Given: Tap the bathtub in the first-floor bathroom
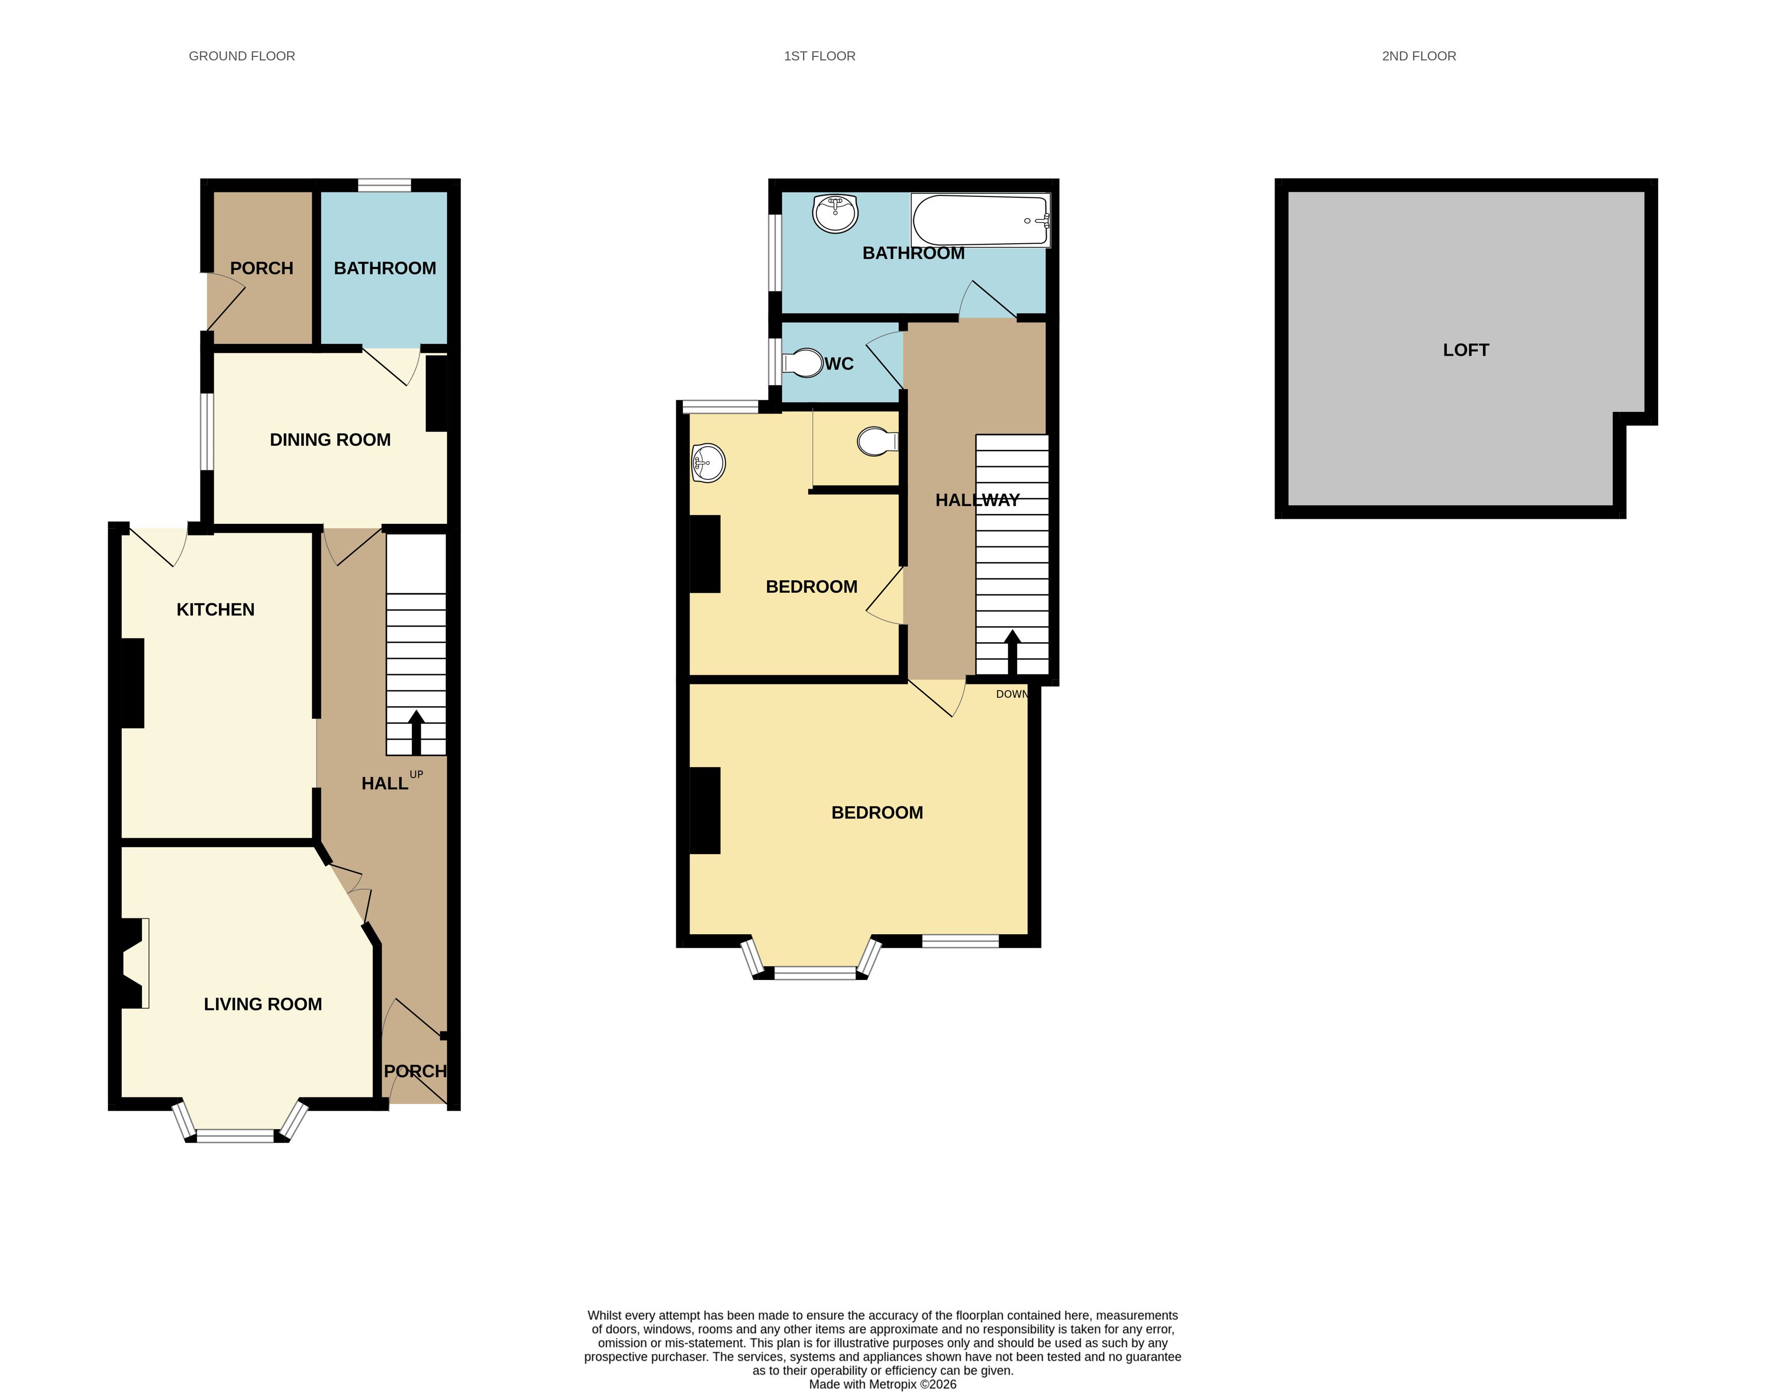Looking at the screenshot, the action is (x=980, y=220).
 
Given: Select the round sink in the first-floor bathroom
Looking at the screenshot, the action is (x=835, y=214).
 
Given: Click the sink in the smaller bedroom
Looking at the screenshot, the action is (x=708, y=463).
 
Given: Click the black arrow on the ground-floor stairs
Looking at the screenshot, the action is (x=416, y=732).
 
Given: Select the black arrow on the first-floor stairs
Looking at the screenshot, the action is (x=1012, y=652).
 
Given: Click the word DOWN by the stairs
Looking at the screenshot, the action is (x=1012, y=694).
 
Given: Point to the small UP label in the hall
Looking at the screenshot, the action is (x=416, y=774).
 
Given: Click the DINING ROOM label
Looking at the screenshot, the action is (x=330, y=440).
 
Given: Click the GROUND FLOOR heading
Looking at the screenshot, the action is (x=242, y=56).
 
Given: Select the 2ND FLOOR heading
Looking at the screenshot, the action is (x=1419, y=56).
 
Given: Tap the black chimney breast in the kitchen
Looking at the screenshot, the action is (x=133, y=683).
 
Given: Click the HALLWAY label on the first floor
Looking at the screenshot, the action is (x=977, y=501).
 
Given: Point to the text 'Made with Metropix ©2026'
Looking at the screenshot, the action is (x=883, y=1384).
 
